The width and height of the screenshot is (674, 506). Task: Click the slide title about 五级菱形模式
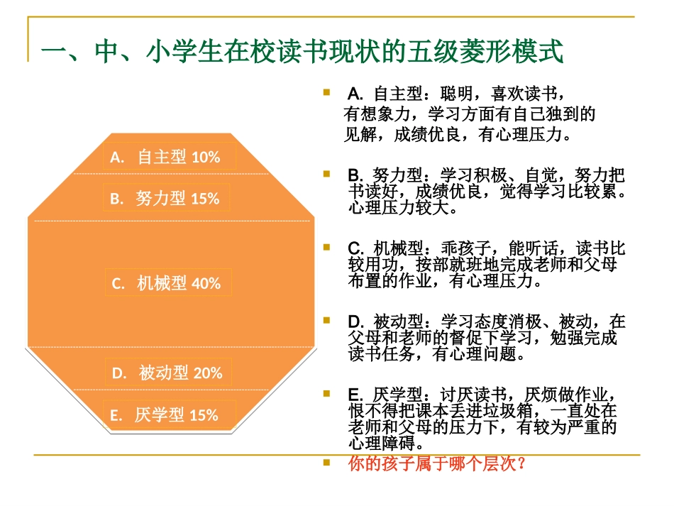tap(303, 53)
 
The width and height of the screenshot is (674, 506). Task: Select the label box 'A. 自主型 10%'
tap(170, 157)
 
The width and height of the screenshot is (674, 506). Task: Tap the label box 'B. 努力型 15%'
tap(170, 199)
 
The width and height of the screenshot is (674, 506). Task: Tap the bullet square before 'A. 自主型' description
tap(326, 92)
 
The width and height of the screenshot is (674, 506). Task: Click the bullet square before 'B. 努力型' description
tap(326, 173)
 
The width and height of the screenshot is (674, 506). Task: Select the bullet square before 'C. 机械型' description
tap(326, 248)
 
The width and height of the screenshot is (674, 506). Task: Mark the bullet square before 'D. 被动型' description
tap(326, 320)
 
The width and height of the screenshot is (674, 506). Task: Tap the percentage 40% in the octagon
tap(206, 283)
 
